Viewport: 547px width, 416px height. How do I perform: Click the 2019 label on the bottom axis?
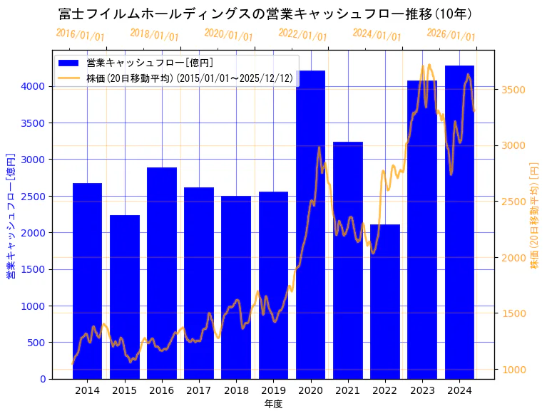(273, 390)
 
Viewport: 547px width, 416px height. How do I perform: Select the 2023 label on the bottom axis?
(422, 390)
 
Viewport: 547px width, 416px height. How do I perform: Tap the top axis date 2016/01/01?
(80, 35)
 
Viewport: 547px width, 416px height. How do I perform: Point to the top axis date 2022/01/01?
(302, 35)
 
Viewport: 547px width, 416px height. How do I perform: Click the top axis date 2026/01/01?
(451, 35)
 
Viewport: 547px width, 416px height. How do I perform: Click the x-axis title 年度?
(273, 404)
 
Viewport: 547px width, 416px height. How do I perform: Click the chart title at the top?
(265, 14)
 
